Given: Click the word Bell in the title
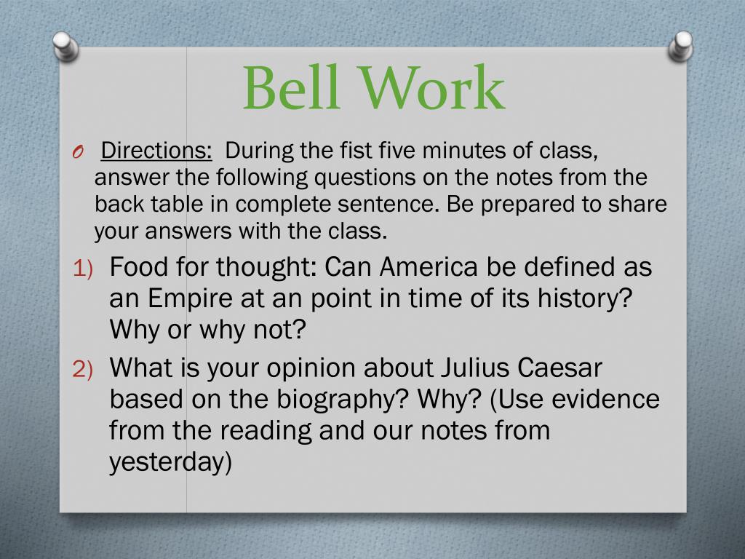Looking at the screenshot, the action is [x=291, y=88].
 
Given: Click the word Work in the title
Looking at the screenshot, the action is [x=431, y=88].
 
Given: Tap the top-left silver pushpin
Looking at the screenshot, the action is [x=65, y=46].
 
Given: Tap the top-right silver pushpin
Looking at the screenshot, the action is [x=681, y=46].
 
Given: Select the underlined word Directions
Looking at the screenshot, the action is [x=156, y=150].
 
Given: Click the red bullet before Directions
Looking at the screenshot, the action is [x=78, y=152].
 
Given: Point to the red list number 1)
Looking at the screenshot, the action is [x=83, y=269].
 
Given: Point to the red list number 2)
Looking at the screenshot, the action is [x=83, y=370].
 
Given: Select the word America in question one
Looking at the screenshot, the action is [x=429, y=266].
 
